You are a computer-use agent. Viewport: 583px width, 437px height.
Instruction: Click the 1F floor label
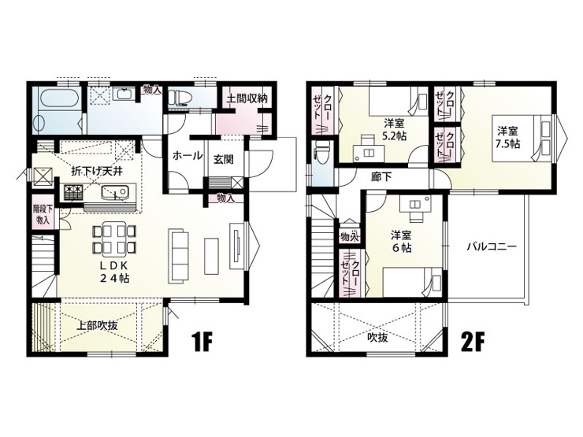pyautogui.click(x=202, y=343)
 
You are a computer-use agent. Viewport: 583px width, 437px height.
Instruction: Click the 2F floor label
pyautogui.click(x=472, y=343)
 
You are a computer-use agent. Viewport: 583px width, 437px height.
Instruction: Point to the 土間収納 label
pyautogui.click(x=247, y=98)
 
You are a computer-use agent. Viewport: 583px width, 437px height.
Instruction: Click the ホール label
pyautogui.click(x=187, y=156)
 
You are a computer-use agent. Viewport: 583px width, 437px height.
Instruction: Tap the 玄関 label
pyautogui.click(x=223, y=159)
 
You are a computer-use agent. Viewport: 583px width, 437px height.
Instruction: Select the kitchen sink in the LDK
pyautogui.click(x=115, y=192)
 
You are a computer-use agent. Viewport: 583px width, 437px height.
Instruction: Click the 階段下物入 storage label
pyautogui.click(x=43, y=213)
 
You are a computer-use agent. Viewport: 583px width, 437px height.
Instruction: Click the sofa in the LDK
pyautogui.click(x=179, y=256)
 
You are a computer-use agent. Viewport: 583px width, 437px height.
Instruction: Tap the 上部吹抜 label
pyautogui.click(x=97, y=325)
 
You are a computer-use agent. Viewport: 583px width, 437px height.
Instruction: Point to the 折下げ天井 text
pyautogui.click(x=97, y=172)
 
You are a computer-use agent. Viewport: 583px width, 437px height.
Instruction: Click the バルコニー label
pyautogui.click(x=492, y=246)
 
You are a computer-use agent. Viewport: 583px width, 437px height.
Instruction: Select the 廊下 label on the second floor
pyautogui.click(x=381, y=177)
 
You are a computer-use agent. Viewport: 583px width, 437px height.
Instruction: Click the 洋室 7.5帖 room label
pyautogui.click(x=507, y=138)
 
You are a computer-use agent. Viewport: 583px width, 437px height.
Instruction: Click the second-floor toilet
pyautogui.click(x=320, y=153)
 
